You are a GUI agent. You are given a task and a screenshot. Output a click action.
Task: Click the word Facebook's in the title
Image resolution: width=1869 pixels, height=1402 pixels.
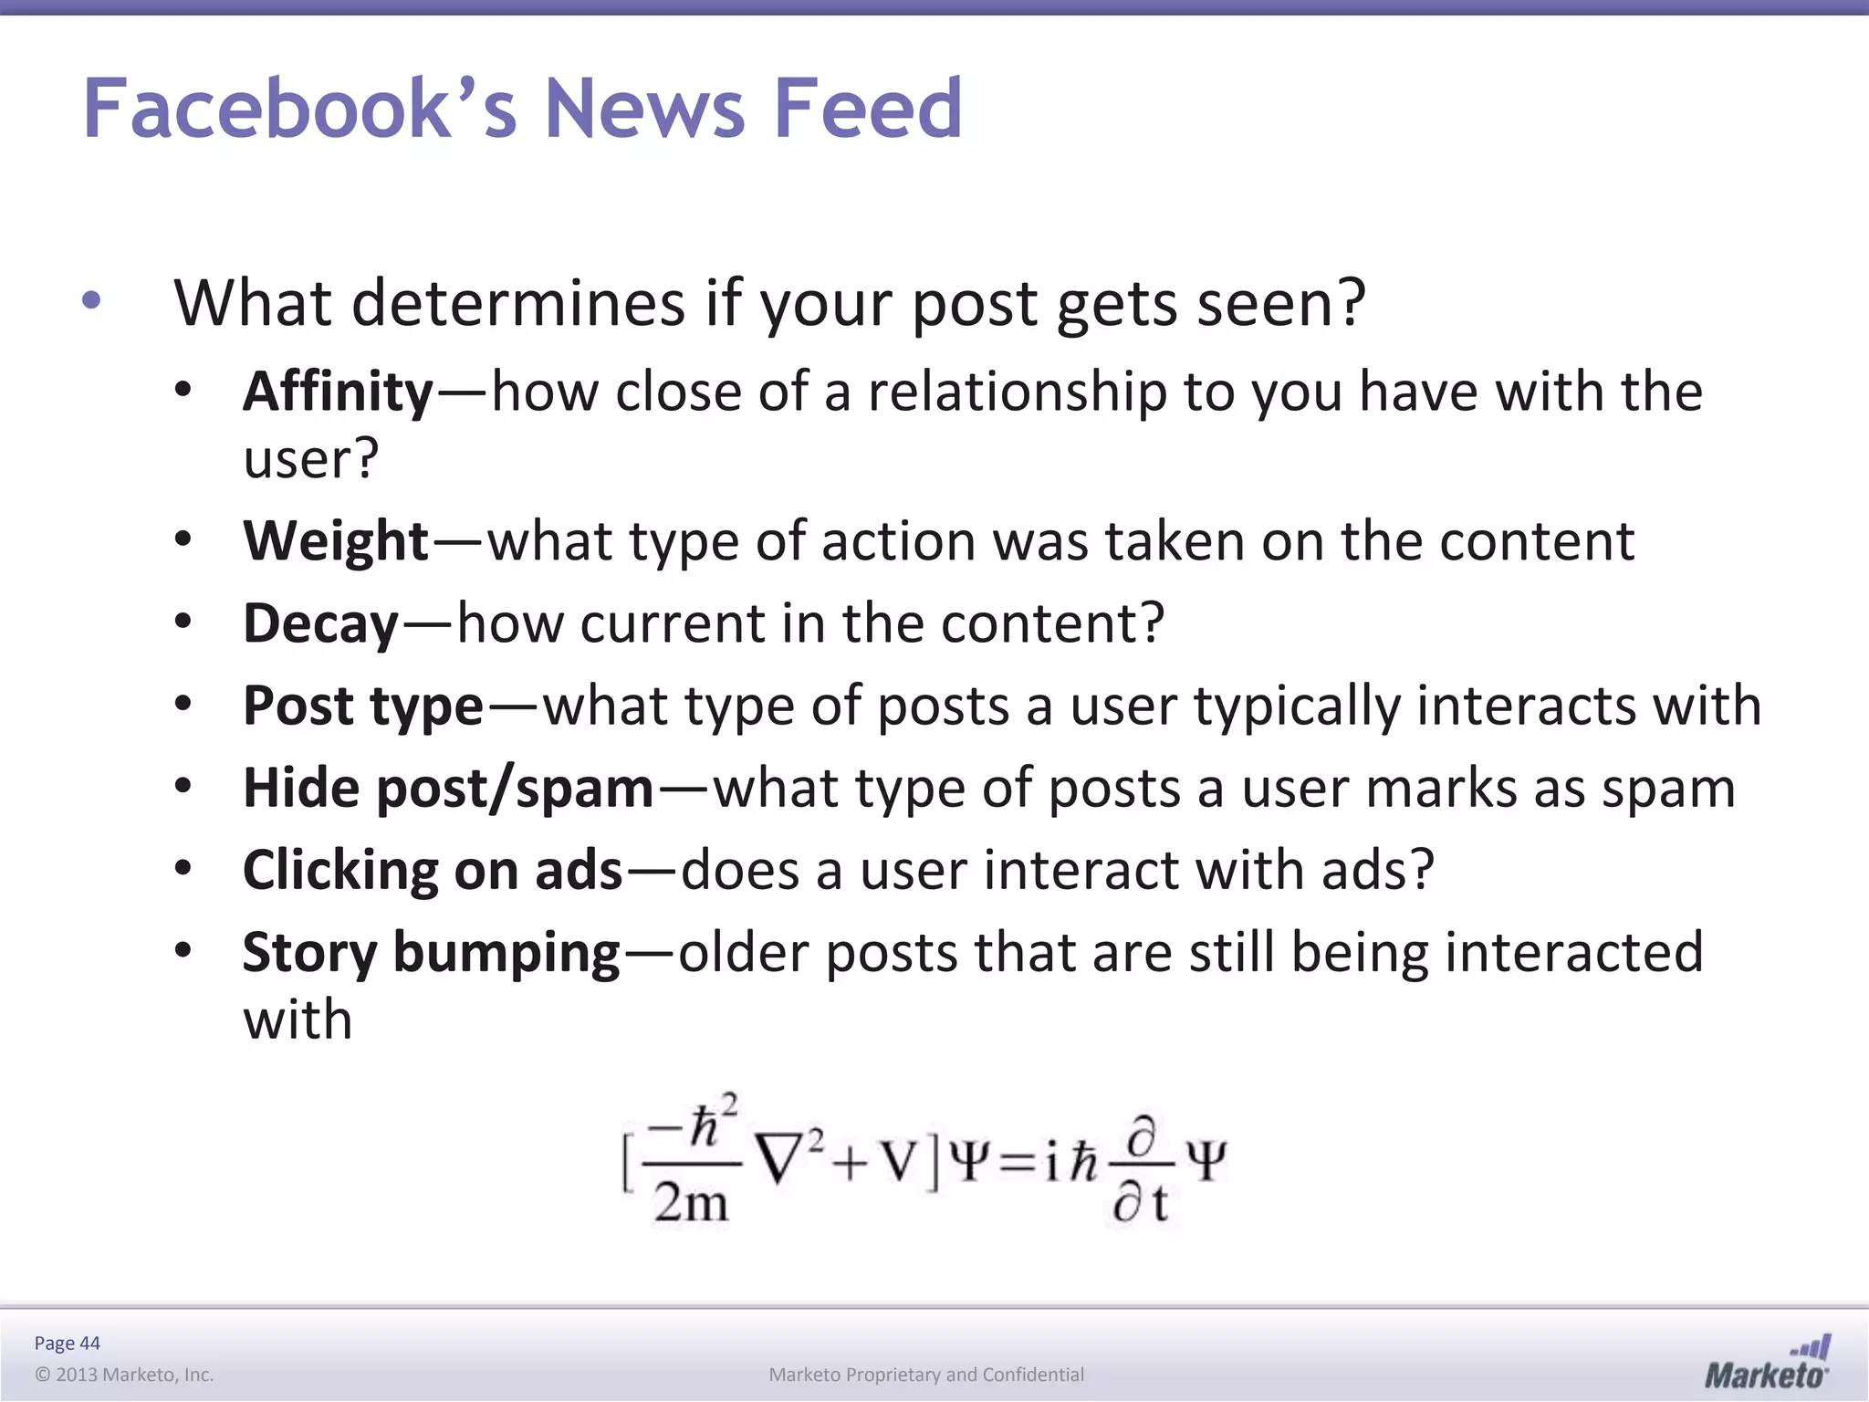[x=300, y=109]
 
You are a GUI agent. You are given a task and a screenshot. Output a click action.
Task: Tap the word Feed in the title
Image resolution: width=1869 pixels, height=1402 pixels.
[x=867, y=109]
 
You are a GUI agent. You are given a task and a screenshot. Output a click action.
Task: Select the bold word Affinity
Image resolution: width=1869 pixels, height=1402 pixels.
[x=338, y=393]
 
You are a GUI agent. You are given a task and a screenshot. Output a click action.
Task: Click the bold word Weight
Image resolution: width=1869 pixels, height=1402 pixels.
[x=336, y=542]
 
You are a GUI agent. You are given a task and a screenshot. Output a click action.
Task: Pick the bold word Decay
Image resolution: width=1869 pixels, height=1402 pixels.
[x=321, y=624]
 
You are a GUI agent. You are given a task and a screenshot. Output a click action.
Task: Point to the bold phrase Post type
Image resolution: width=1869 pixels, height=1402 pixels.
[x=362, y=706]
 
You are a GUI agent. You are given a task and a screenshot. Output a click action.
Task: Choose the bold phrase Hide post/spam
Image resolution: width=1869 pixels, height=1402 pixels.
[x=448, y=789]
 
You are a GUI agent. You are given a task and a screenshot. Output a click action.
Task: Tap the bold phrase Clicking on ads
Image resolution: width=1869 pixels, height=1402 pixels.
[x=433, y=871]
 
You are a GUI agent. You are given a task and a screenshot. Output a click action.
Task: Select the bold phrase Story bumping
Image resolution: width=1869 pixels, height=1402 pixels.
[x=431, y=953]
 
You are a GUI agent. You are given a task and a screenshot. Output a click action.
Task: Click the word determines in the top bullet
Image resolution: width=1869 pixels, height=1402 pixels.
[x=517, y=304]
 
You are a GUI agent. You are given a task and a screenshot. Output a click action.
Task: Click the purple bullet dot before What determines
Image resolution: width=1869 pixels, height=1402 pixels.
[x=91, y=300]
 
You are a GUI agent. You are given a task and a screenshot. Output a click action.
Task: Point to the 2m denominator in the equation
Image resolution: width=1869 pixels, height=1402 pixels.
[x=691, y=1203]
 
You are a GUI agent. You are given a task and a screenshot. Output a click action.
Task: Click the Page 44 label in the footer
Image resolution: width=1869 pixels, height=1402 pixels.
[x=67, y=1343]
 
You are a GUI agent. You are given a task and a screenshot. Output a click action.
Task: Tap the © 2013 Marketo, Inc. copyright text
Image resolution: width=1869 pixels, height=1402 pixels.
[x=124, y=1375]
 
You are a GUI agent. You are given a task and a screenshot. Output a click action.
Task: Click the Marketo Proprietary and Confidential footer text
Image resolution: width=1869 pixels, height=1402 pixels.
[x=926, y=1375]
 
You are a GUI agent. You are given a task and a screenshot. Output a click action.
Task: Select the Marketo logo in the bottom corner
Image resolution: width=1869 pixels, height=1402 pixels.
[x=1767, y=1364]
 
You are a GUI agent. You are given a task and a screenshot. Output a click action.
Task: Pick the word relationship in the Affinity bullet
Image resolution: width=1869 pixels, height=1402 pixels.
[x=1017, y=393]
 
